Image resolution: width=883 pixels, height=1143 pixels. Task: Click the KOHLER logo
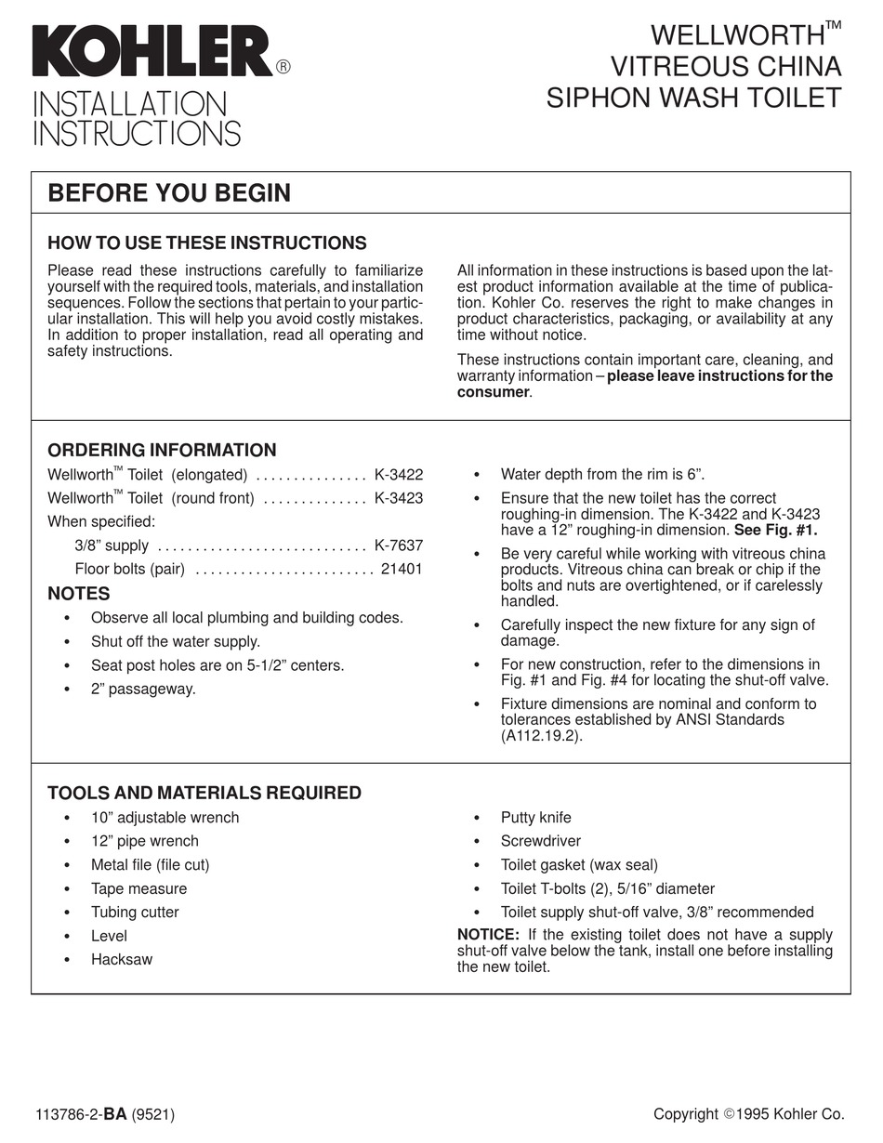pyautogui.click(x=153, y=51)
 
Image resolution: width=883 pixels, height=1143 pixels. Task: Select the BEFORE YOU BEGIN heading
pyautogui.click(x=169, y=193)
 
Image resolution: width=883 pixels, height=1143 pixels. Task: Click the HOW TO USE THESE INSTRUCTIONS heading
pyautogui.click(x=206, y=243)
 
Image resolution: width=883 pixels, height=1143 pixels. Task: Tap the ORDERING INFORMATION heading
pyautogui.click(x=162, y=451)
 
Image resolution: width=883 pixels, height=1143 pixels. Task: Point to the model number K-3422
pyautogui.click(x=398, y=475)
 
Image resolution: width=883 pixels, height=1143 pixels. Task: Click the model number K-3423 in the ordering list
pyautogui.click(x=398, y=499)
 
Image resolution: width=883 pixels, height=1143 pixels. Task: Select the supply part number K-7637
pyautogui.click(x=398, y=546)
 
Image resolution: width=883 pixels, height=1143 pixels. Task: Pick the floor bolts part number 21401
pyautogui.click(x=402, y=570)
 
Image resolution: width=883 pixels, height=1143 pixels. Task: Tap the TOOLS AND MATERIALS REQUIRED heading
pyautogui.click(x=204, y=794)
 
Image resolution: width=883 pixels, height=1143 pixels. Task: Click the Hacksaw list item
pyautogui.click(x=121, y=960)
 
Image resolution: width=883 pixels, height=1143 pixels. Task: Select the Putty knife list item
pyautogui.click(x=535, y=818)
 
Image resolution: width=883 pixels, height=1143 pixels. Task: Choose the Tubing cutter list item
pyautogui.click(x=135, y=913)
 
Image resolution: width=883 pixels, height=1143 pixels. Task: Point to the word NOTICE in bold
pyautogui.click(x=488, y=935)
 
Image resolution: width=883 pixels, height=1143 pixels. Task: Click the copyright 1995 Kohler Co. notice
pyautogui.click(x=748, y=1114)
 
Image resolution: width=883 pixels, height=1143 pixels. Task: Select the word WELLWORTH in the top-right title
pyautogui.click(x=737, y=36)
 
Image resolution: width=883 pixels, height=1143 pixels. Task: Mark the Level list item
pyautogui.click(x=109, y=937)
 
